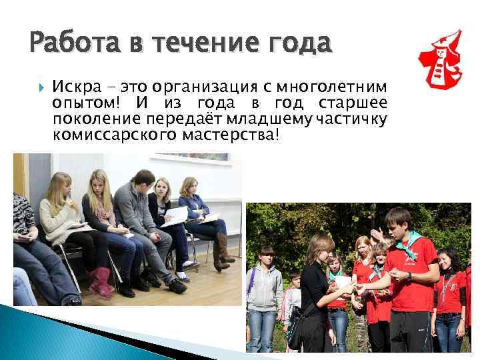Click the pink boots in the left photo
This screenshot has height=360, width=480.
[x=101, y=281]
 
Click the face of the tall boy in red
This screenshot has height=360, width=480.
[x=399, y=225]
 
